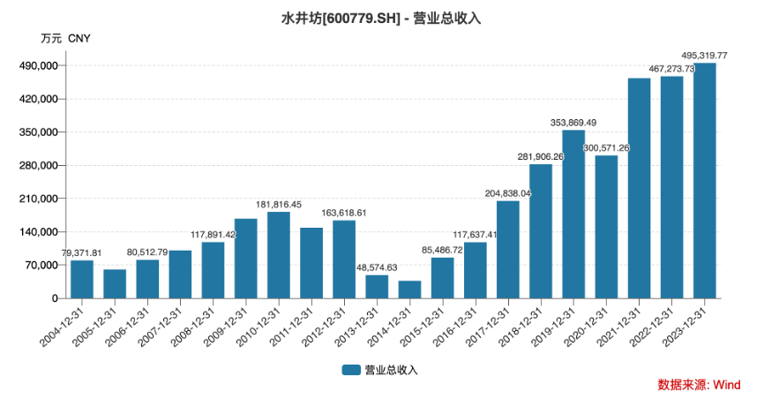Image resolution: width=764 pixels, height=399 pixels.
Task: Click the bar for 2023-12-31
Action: click(x=705, y=181)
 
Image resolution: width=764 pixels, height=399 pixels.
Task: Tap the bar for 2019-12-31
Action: click(x=573, y=215)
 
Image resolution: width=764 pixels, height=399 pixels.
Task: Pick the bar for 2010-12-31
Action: click(x=279, y=255)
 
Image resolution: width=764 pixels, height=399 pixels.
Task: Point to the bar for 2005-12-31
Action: click(x=115, y=283)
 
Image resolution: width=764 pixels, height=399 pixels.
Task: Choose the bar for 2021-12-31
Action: click(x=639, y=188)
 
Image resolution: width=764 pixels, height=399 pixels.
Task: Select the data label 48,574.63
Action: click(x=377, y=267)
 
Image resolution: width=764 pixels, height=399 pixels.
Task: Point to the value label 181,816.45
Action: click(x=279, y=204)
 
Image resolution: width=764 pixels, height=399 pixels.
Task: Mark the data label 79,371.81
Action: click(x=82, y=252)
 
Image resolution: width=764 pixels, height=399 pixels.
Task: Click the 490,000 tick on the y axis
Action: click(x=38, y=66)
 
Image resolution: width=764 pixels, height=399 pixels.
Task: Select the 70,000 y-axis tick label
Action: click(x=41, y=265)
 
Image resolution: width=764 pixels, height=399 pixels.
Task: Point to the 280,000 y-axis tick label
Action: click(x=38, y=166)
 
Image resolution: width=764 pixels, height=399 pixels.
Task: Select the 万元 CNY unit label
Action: click(x=65, y=39)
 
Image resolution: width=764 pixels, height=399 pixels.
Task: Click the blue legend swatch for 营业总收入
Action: click(x=351, y=370)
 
